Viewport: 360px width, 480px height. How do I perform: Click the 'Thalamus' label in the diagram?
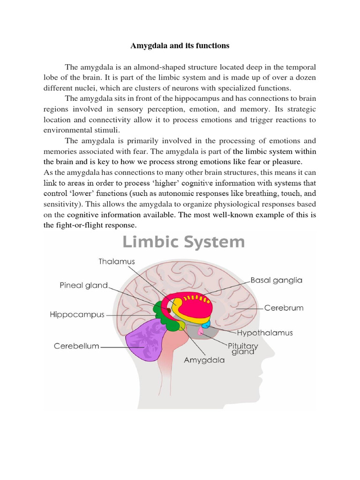(x=116, y=261)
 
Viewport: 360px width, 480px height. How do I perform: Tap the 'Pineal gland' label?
(x=83, y=285)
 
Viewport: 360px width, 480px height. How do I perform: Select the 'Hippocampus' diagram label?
(x=77, y=315)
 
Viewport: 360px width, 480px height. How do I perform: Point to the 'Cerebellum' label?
(x=76, y=346)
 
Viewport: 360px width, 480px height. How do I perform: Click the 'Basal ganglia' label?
(x=277, y=280)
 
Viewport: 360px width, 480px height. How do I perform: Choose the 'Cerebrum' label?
(x=284, y=308)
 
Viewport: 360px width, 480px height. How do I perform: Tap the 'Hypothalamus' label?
(x=265, y=333)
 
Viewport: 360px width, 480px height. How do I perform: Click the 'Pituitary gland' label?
(x=243, y=349)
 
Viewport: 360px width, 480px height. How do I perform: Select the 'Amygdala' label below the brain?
(x=204, y=360)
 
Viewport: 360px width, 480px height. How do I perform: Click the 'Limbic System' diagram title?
(x=183, y=242)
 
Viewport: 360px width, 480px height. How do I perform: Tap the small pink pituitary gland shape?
(x=200, y=331)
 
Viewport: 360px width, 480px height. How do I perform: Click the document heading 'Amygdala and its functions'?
(x=180, y=45)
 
